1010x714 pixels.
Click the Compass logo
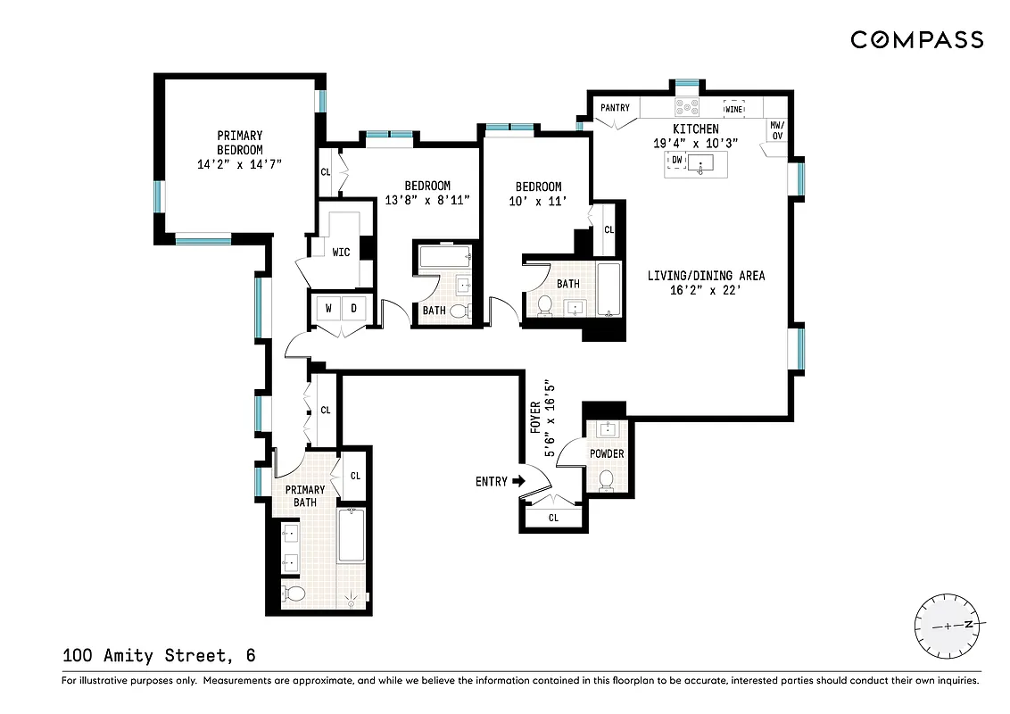916,39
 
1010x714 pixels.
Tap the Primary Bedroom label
239,143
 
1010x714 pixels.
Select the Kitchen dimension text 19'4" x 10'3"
695,143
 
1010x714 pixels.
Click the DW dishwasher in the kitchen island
677,160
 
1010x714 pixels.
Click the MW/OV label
776,130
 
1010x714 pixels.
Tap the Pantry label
615,108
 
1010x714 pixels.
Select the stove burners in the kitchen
687,107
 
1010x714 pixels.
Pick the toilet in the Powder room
607,480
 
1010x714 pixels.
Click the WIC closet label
341,253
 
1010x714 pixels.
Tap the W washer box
328,309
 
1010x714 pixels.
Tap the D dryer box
353,309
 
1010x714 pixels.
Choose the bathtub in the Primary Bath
351,535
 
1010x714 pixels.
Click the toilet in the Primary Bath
294,594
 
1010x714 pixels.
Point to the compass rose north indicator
967,625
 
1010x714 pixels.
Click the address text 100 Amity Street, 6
159,656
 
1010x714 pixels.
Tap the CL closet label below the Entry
553,518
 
